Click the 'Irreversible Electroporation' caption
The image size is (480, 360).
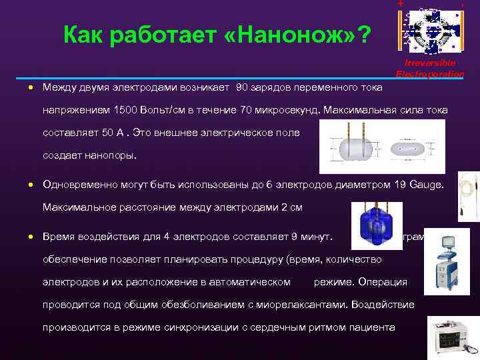[x=430, y=68]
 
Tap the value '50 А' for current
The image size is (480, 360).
[x=111, y=132]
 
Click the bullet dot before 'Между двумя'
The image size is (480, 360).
[x=31, y=88]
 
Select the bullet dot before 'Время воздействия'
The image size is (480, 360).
[x=31, y=237]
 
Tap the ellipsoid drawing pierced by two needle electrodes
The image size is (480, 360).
[x=354, y=149]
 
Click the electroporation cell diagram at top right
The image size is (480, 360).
[x=431, y=28]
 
